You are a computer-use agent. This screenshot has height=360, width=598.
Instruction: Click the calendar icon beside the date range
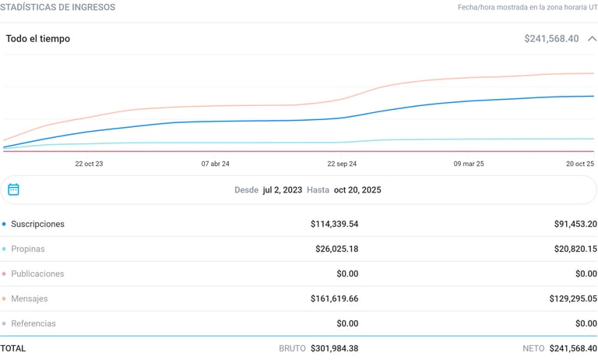[x=13, y=189]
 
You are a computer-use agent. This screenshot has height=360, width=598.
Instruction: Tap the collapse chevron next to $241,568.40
[x=592, y=38]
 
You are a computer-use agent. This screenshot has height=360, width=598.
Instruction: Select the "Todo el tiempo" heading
[x=38, y=38]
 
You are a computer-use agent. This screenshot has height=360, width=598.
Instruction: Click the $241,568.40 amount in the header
[x=551, y=38]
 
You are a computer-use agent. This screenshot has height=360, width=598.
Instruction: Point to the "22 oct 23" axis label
[x=89, y=164]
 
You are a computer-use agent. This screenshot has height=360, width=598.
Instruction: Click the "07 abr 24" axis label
[x=215, y=164]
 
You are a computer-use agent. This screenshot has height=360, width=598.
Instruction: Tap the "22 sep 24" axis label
[x=342, y=164]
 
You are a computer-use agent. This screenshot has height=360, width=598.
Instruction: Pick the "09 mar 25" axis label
[x=469, y=164]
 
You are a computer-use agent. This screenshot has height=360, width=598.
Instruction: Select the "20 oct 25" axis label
[x=580, y=164]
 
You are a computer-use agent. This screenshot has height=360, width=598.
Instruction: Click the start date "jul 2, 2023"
[x=282, y=189]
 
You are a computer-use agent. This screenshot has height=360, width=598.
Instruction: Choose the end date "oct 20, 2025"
[x=357, y=189]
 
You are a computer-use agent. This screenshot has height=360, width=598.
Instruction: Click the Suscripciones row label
[x=37, y=224]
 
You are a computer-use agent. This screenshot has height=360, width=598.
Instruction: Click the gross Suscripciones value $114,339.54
[x=334, y=224]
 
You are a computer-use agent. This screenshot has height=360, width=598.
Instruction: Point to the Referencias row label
[x=33, y=323]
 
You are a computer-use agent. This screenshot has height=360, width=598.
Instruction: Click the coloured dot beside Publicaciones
[x=4, y=274]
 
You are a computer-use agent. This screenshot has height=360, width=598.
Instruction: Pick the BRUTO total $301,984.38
[x=334, y=348]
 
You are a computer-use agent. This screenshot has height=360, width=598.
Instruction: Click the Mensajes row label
[x=30, y=298]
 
